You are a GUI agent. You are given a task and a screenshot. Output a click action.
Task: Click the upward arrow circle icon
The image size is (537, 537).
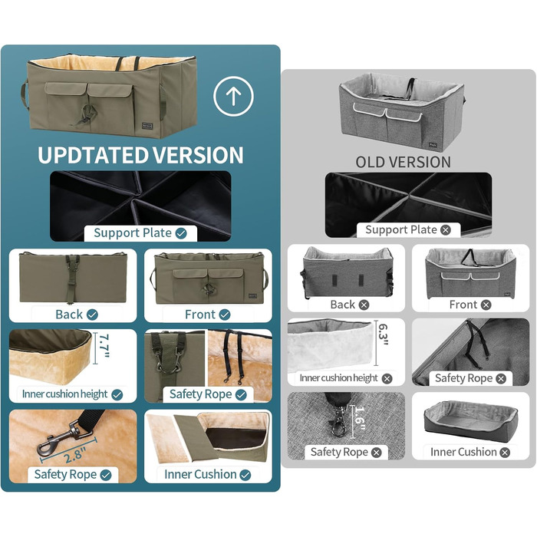tap(233, 96)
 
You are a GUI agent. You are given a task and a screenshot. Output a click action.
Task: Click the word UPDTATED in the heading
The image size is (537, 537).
tap(93, 156)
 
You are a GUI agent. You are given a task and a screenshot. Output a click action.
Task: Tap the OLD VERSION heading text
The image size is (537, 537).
tap(403, 163)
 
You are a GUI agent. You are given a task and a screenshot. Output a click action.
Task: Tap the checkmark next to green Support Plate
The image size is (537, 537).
tap(181, 233)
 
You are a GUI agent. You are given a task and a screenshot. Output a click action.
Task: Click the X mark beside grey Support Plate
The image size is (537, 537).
tap(446, 230)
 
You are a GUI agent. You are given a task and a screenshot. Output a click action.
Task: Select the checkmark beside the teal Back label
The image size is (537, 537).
tap(92, 315)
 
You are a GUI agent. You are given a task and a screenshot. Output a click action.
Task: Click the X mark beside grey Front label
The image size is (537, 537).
tap(486, 305)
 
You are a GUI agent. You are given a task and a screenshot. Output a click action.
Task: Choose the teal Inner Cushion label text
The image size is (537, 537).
tap(200, 474)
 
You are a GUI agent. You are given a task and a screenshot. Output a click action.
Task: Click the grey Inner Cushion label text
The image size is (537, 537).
tap(463, 452)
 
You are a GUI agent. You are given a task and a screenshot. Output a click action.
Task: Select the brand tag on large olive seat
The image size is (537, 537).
tap(147, 126)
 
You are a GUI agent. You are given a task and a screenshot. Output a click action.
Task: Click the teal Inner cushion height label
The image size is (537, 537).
tap(64, 394)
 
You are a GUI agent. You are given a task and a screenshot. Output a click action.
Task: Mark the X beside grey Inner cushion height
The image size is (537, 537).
tap(387, 378)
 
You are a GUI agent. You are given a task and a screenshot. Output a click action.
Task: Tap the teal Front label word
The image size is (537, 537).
tap(200, 315)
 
